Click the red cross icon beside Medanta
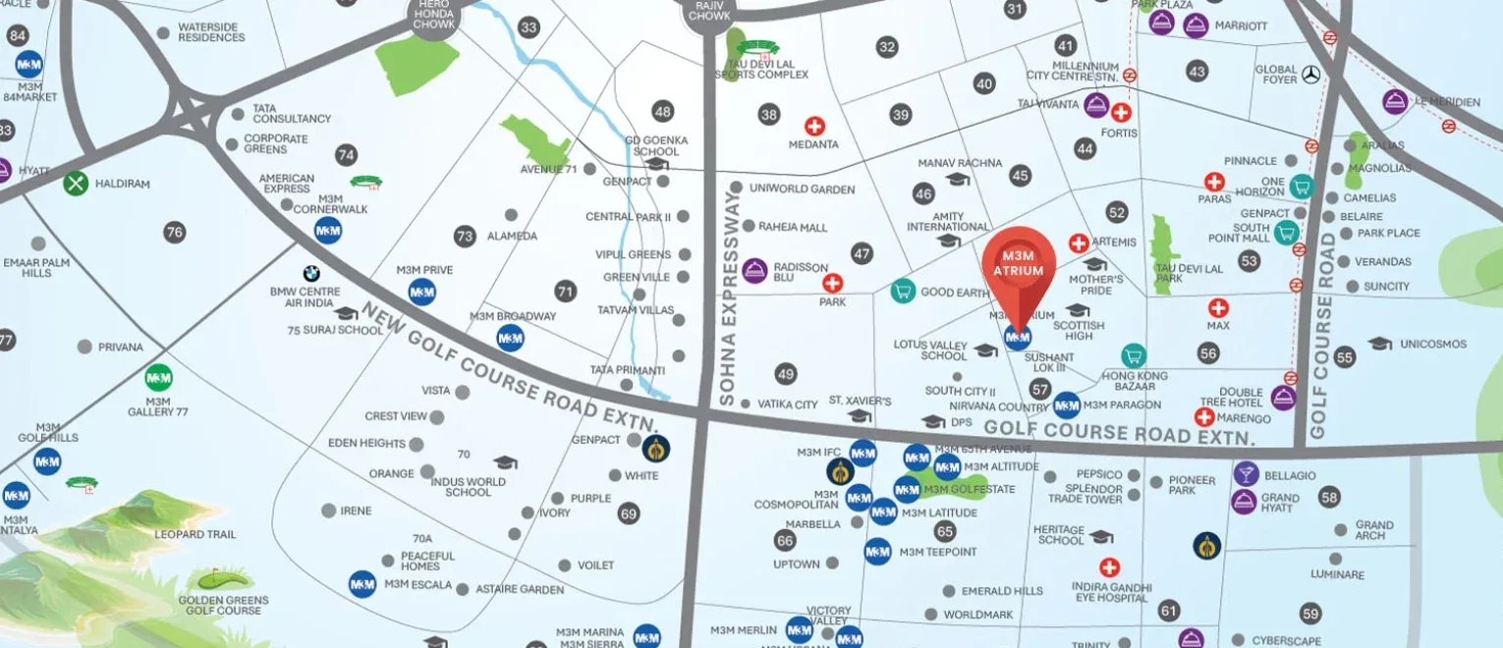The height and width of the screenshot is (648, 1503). pyautogui.click(x=814, y=127)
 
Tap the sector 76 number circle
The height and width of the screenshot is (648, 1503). pyautogui.click(x=175, y=233)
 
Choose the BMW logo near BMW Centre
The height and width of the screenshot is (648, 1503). pyautogui.click(x=312, y=275)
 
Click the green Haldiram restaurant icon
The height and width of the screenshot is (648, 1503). pyautogui.click(x=76, y=183)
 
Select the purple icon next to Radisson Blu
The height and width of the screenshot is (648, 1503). pyautogui.click(x=754, y=271)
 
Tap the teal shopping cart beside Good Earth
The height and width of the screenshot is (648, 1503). pyautogui.click(x=903, y=291)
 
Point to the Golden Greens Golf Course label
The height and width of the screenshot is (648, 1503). pyautogui.click(x=220, y=605)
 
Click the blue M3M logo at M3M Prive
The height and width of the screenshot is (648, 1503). pyautogui.click(x=422, y=292)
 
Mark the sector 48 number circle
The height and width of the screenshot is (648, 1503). pyautogui.click(x=663, y=111)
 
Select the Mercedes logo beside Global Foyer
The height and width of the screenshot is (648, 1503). pyautogui.click(x=1310, y=75)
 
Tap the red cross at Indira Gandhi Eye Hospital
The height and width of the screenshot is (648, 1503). pyautogui.click(x=1110, y=567)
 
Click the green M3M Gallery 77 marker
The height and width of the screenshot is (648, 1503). pyautogui.click(x=158, y=378)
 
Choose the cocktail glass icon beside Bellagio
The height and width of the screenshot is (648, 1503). pyautogui.click(x=1246, y=474)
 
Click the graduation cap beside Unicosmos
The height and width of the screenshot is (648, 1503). pyautogui.click(x=1380, y=344)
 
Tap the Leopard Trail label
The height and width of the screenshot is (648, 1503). pyautogui.click(x=195, y=534)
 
